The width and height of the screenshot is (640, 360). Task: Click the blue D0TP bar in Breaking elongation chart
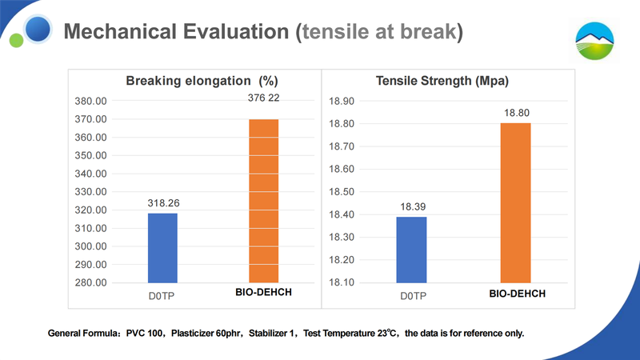point(162,248)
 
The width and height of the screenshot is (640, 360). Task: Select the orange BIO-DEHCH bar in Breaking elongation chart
point(264,201)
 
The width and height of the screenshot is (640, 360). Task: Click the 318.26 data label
point(162,204)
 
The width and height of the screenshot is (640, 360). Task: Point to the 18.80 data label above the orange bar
point(516,114)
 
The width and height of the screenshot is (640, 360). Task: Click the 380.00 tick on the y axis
point(90,102)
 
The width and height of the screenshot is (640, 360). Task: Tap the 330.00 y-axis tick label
point(90,192)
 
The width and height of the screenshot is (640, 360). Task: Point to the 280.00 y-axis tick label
point(90,282)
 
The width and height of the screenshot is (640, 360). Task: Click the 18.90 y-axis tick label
point(342,102)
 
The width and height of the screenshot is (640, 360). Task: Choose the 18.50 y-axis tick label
point(342,192)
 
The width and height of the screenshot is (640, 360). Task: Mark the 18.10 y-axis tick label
point(342,282)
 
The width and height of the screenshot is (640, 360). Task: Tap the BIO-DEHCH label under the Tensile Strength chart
point(517,294)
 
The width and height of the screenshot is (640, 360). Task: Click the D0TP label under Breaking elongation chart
point(162,295)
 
